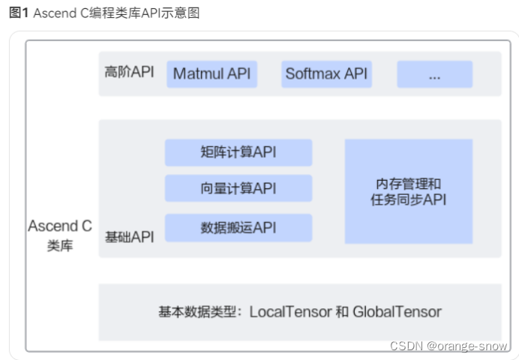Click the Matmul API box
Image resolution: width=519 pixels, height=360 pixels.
211,73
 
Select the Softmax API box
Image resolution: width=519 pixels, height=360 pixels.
326,73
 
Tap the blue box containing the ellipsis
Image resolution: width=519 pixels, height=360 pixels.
434,73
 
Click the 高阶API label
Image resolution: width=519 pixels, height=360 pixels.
129,73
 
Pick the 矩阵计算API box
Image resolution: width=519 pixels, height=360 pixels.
238,152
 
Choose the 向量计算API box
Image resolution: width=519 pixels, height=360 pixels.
238,188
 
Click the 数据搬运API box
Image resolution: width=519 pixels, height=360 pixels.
238,227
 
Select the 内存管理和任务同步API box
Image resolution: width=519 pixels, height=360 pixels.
409,191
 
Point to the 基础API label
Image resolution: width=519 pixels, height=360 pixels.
129,237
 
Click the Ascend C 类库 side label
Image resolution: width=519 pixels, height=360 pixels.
60,235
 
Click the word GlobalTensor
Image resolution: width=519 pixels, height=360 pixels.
397,312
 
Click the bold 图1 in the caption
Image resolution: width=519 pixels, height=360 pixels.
19,13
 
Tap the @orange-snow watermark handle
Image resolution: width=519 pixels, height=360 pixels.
467,346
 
